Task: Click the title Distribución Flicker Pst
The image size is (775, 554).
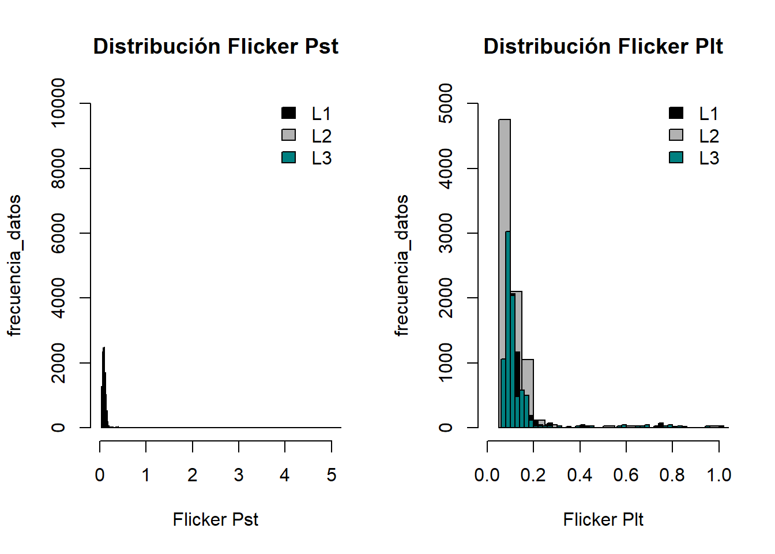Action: click(x=216, y=46)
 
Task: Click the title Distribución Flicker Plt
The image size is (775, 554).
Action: click(x=603, y=46)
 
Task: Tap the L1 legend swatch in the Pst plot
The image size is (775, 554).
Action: click(x=289, y=113)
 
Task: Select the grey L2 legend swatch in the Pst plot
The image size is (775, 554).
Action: click(x=289, y=135)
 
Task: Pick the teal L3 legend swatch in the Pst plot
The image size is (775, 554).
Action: click(x=289, y=158)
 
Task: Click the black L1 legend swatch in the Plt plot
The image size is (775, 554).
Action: click(x=676, y=113)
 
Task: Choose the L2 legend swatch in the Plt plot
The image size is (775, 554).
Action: click(x=676, y=135)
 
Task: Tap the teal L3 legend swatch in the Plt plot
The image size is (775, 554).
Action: click(x=676, y=158)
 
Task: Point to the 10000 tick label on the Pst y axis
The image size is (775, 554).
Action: click(x=58, y=103)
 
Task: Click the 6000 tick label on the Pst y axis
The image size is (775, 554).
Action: click(x=58, y=233)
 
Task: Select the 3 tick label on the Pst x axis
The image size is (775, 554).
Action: click(x=239, y=475)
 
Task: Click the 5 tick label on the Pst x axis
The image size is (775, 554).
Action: click(x=331, y=475)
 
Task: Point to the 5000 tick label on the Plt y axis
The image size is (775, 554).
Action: click(x=446, y=103)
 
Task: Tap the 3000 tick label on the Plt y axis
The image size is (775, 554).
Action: click(x=446, y=233)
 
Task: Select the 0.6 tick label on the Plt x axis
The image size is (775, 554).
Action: click(x=626, y=475)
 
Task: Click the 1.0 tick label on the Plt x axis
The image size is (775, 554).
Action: click(x=719, y=475)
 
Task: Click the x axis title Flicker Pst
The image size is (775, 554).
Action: click(x=216, y=519)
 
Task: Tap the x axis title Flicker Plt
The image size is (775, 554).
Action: click(x=603, y=519)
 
